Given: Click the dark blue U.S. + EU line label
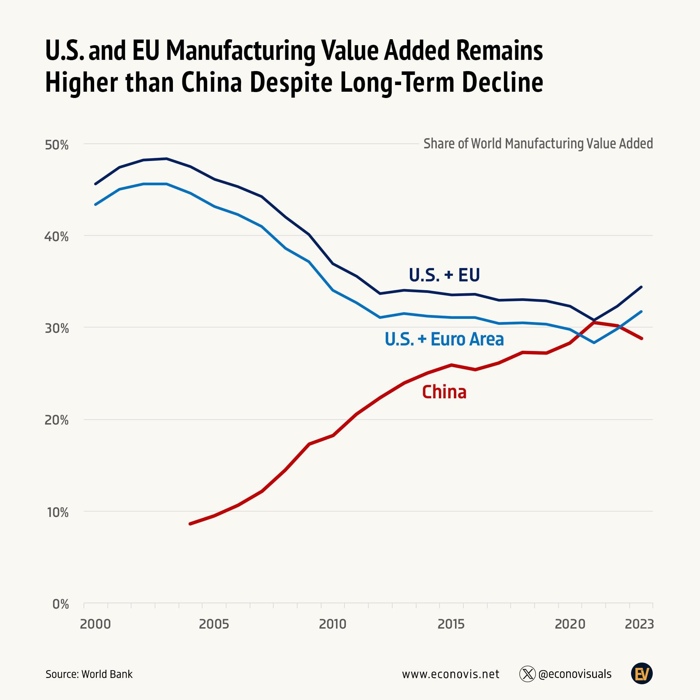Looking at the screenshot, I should pos(444,275).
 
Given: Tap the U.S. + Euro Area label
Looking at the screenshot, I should pos(444,339).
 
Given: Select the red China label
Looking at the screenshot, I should pos(444,392).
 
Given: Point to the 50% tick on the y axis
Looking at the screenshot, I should pos(56,145).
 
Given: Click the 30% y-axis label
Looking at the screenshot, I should pos(56,329).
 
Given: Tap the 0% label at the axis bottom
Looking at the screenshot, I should pos(61,604).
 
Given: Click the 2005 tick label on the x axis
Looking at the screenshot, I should pos(214,624).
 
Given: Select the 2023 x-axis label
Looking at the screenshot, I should pos(639,624).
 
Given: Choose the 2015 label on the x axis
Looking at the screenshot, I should pos(451,624).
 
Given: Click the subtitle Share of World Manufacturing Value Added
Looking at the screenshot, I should pos(538,144).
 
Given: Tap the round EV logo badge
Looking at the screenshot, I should pos(642,674).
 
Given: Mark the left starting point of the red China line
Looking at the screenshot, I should pos(190,524).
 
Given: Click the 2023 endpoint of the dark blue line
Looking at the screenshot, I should pos(641,287).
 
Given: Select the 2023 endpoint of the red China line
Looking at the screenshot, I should pos(641,338).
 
